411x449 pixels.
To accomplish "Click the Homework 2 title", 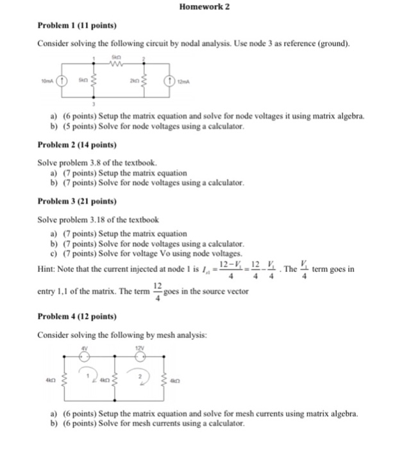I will [205, 6].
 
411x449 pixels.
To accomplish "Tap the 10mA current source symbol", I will [62, 81].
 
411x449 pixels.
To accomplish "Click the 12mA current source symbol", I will [169, 81].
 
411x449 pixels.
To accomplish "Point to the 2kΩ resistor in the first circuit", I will [142, 81].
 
